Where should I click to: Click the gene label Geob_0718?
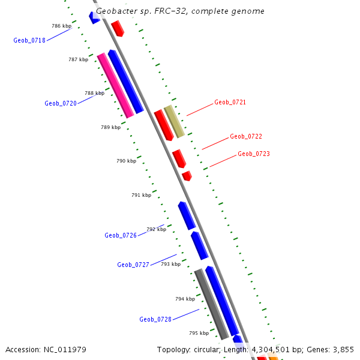(x=29, y=41)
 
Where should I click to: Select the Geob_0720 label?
(x=61, y=104)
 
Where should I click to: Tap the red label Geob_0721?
(x=230, y=103)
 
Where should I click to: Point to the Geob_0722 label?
(x=246, y=137)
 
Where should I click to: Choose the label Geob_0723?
(x=254, y=154)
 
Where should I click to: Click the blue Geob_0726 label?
(x=121, y=236)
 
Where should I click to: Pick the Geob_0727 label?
(x=133, y=265)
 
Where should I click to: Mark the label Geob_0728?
(x=155, y=320)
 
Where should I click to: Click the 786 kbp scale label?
(x=61, y=26)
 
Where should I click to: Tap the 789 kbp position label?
(x=110, y=127)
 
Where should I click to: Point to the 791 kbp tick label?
(x=141, y=195)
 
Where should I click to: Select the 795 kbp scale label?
(x=199, y=333)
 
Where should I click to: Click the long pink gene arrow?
(x=115, y=85)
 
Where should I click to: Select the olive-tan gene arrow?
(x=174, y=121)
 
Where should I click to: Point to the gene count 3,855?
(x=343, y=350)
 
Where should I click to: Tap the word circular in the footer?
(x=204, y=350)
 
